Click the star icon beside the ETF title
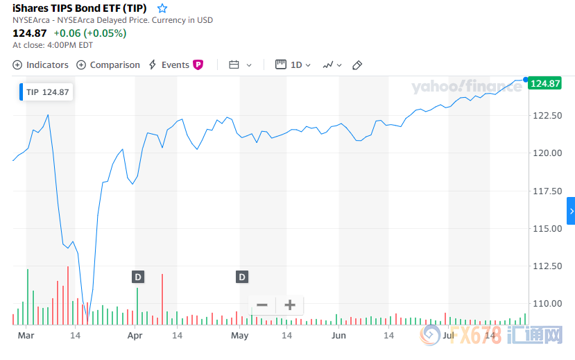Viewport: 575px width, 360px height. tap(162, 8)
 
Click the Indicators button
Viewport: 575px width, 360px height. tap(41, 65)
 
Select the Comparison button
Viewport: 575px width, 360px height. tap(108, 65)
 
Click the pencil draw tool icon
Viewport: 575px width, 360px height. tap(357, 65)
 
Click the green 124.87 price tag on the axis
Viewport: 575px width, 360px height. tap(544, 83)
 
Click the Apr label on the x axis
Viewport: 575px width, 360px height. tap(135, 336)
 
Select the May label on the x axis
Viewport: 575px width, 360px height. tap(239, 336)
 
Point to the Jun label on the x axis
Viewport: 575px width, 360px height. tap(338, 336)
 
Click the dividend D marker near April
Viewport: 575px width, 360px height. tap(138, 277)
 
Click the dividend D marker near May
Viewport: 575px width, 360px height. tap(242, 277)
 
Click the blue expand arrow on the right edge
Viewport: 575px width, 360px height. tap(571, 211)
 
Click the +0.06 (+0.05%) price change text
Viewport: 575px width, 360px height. tap(90, 33)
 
